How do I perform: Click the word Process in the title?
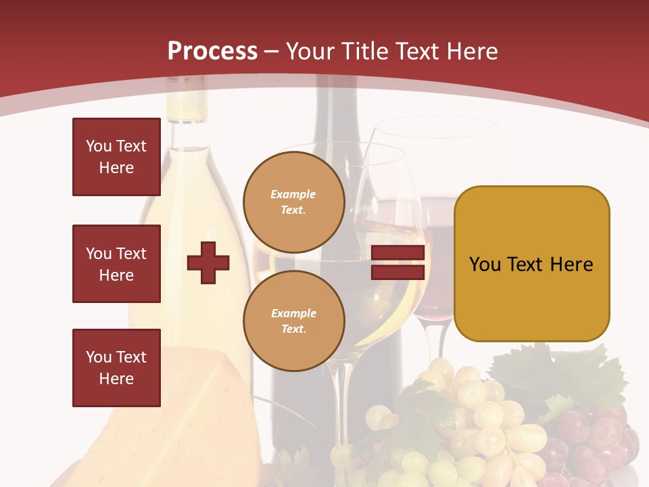click(212, 51)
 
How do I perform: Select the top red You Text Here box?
click(116, 157)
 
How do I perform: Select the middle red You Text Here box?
click(116, 264)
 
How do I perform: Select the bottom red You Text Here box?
click(116, 367)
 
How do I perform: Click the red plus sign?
click(208, 262)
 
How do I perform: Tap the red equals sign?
click(398, 262)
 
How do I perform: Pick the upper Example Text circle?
click(293, 202)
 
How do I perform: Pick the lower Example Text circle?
click(293, 321)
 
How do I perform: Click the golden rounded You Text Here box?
click(531, 264)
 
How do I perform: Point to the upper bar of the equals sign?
click(398, 254)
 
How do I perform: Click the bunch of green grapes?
click(473, 419)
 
